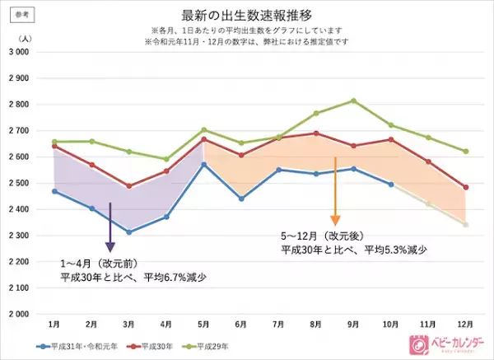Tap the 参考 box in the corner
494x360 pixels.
pos(18,13)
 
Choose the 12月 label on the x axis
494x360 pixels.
pos(466,324)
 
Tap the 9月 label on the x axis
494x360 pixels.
pos(354,324)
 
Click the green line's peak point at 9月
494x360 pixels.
pos(354,101)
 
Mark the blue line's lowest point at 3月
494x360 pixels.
pos(130,232)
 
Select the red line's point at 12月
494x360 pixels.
pos(466,187)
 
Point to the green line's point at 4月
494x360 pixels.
pos(167,159)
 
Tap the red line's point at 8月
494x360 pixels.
pos(316,133)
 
